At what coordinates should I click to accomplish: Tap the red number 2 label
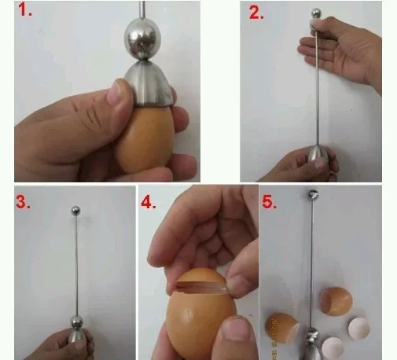click(x=256, y=13)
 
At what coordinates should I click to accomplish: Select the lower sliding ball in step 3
click(x=78, y=321)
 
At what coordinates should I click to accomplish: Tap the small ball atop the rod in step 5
click(x=314, y=194)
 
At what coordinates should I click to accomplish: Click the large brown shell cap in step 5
click(x=336, y=300)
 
